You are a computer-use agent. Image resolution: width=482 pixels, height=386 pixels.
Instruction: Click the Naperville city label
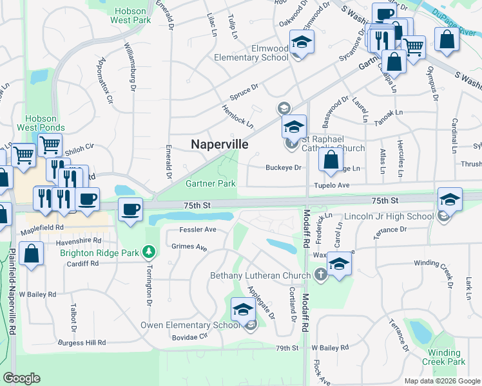(x=220, y=145)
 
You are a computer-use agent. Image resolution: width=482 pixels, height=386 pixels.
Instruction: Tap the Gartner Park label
(x=211, y=183)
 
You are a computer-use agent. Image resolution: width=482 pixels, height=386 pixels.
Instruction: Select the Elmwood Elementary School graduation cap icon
(x=300, y=42)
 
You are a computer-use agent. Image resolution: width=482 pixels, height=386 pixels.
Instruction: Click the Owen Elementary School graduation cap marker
(x=242, y=309)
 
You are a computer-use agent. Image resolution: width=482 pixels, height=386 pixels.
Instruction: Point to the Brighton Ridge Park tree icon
(x=149, y=250)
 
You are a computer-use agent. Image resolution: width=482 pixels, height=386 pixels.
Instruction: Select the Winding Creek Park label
(x=445, y=357)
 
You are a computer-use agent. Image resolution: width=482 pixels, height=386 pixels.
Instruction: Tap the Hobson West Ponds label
(x=41, y=124)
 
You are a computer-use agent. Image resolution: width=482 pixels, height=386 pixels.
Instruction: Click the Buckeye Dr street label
(x=284, y=168)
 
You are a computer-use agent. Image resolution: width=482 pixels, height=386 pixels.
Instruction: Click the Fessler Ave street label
(x=198, y=229)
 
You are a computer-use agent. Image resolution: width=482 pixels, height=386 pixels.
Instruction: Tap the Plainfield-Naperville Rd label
(x=12, y=296)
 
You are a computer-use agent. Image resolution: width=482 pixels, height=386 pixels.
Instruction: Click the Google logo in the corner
(x=21, y=378)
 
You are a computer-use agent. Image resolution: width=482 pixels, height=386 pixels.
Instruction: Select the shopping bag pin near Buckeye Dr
(x=331, y=161)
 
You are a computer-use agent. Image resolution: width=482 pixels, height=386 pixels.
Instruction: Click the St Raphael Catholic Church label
(x=334, y=143)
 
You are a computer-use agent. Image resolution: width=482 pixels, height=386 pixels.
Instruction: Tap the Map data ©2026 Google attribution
(x=442, y=381)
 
